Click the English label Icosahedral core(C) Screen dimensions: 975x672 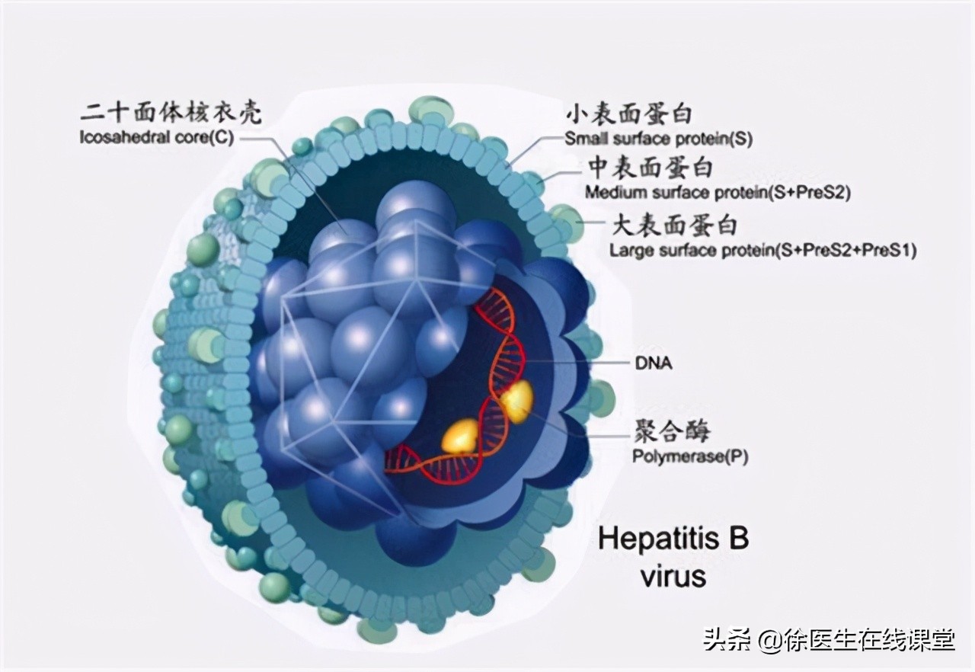pyautogui.click(x=157, y=138)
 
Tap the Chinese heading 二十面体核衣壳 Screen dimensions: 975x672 pyautogui.click(x=171, y=114)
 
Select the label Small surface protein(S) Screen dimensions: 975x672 pyautogui.click(x=659, y=139)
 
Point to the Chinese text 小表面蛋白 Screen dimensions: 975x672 pyautogui.click(x=629, y=114)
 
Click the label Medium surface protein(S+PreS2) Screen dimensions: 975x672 pyautogui.click(x=718, y=192)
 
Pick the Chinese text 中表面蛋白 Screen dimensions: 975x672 pyautogui.click(x=651, y=168)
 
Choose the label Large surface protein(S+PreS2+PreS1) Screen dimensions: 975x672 pyautogui.click(x=763, y=251)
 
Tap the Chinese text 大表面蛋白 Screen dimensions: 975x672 pyautogui.click(x=675, y=226)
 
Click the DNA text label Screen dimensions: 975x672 pyautogui.click(x=654, y=363)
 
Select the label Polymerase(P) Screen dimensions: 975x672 pyautogui.click(x=690, y=456)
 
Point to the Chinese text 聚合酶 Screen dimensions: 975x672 pyautogui.click(x=672, y=431)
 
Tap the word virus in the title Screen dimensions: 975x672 pyautogui.click(x=674, y=576)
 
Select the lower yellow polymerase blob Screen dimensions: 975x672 pyautogui.click(x=460, y=435)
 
